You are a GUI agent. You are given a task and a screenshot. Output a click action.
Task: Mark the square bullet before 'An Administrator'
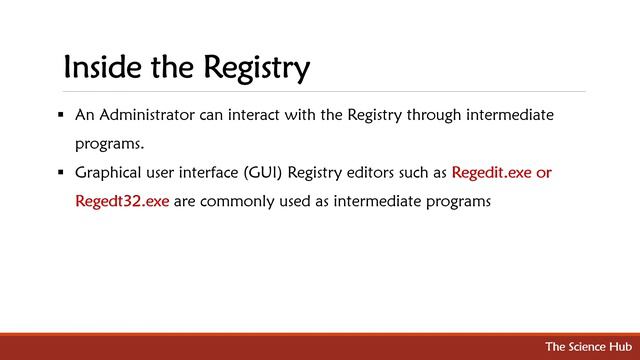tap(62, 115)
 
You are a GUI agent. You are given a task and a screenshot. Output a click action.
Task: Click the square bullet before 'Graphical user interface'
tap(62, 172)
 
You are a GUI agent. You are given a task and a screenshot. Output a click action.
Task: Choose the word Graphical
tap(111, 172)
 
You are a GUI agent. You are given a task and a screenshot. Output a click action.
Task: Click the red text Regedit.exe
tap(492, 172)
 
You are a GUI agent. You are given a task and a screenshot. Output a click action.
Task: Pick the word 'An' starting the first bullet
tap(84, 115)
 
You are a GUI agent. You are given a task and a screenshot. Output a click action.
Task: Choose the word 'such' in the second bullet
tap(415, 172)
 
